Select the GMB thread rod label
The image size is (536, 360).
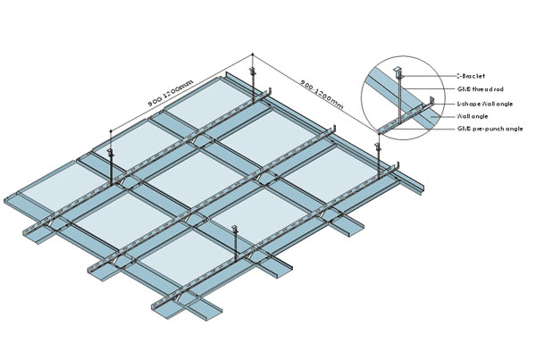click(478, 89)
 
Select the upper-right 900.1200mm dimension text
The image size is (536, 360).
click(318, 90)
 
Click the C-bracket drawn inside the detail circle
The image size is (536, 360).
click(398, 71)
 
